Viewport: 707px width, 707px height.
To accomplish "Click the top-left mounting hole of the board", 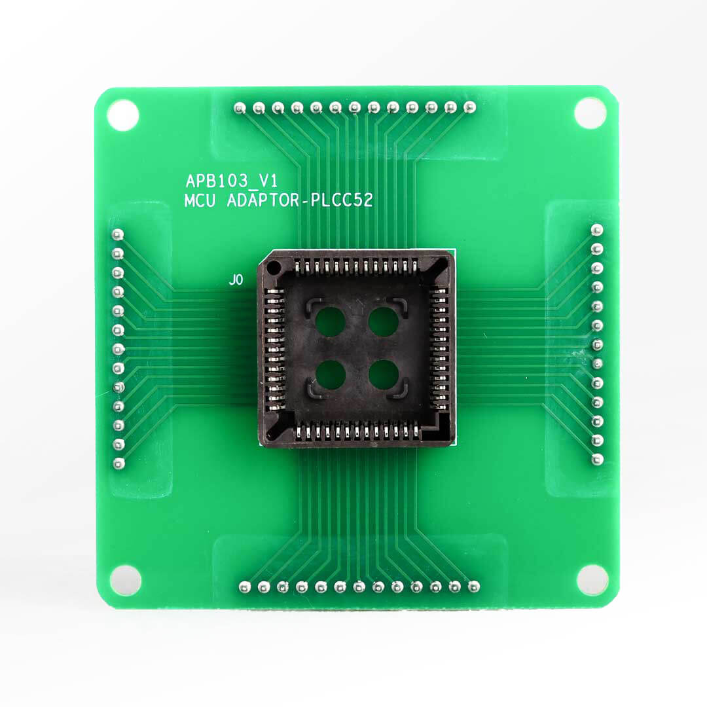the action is pyautogui.click(x=122, y=115).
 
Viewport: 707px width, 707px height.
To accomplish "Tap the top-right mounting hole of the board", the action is pyautogui.click(x=590, y=113).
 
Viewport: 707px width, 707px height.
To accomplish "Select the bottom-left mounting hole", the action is pyautogui.click(x=125, y=580).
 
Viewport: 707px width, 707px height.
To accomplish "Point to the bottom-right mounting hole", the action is pyautogui.click(x=592, y=580).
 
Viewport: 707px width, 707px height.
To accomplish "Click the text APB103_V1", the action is pyautogui.click(x=232, y=181).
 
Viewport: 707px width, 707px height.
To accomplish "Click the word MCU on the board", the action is pyautogui.click(x=200, y=201).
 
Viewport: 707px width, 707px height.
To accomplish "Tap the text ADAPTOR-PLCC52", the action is pyautogui.click(x=300, y=200).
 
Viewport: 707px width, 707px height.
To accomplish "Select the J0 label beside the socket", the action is pyautogui.click(x=236, y=280).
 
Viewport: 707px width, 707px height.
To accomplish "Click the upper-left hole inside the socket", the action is pyautogui.click(x=330, y=321).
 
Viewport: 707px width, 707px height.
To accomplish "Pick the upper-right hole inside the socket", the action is pyautogui.click(x=383, y=321).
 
